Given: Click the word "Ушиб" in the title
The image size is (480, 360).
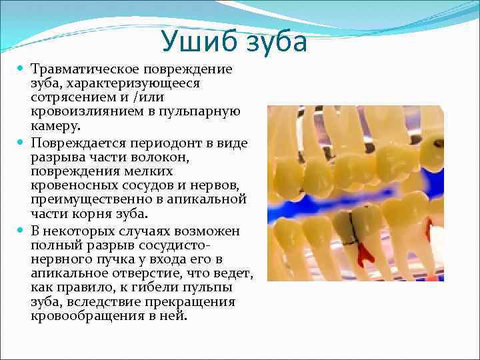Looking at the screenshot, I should click(198, 42).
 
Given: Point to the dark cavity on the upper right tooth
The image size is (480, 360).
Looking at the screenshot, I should click(437, 143).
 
